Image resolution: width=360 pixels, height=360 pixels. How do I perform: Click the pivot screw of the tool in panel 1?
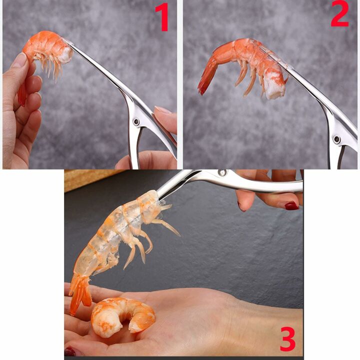point(136,121)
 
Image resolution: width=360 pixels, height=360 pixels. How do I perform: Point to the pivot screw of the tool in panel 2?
point(337,139)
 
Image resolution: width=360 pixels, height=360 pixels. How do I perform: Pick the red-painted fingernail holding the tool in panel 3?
point(291,205)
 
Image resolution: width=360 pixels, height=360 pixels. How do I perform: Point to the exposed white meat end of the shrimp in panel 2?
point(273,88)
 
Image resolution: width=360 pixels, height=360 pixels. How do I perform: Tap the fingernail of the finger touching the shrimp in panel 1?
point(19,60)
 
